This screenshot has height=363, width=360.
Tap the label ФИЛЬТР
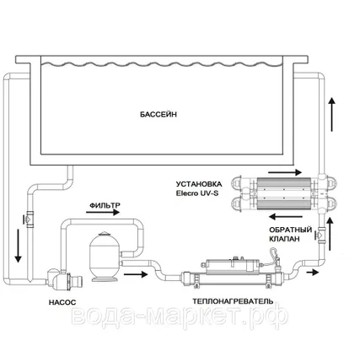(x=105, y=204)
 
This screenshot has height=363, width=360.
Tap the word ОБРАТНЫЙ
(x=292, y=229)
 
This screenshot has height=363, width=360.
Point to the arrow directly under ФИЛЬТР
(x=104, y=215)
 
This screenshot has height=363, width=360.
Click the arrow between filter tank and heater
(x=136, y=272)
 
